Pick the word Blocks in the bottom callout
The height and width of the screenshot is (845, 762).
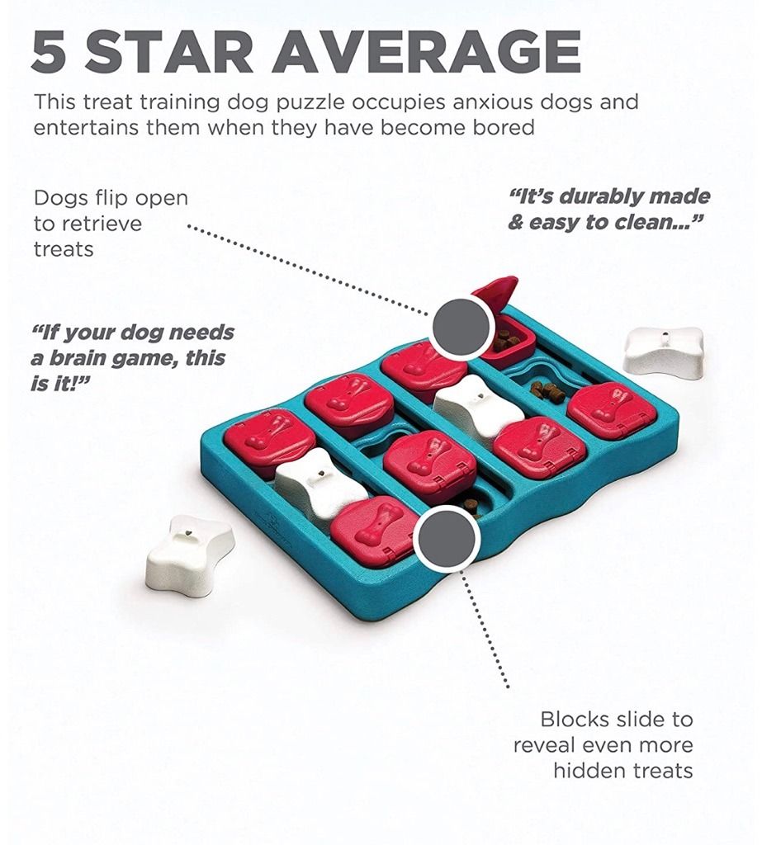coord(575,719)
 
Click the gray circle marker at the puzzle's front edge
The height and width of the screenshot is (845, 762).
coord(447,539)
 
